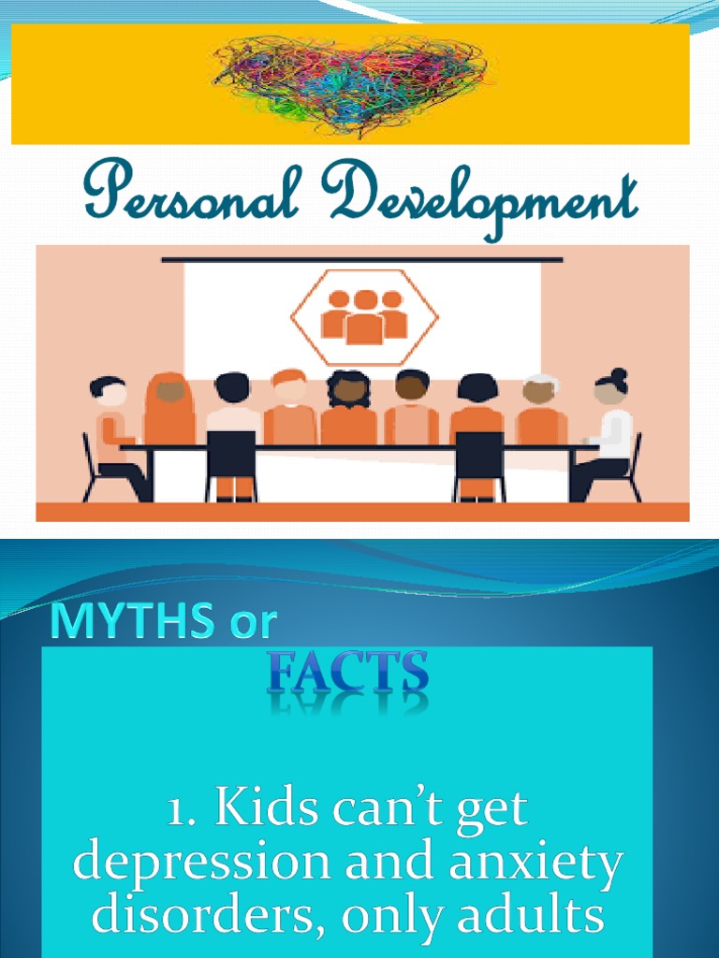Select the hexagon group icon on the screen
(x=363, y=316)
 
